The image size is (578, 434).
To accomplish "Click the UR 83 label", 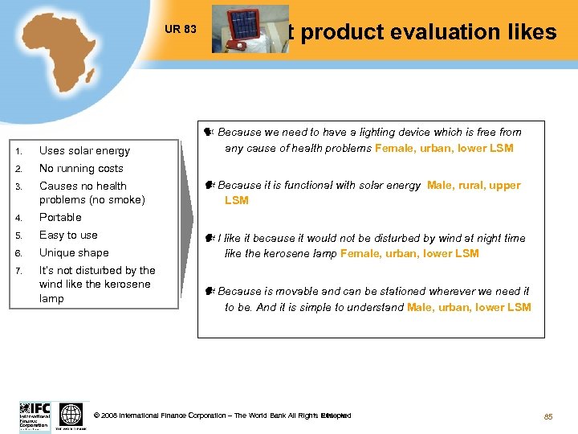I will click(180, 29).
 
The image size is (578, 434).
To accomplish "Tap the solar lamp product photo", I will click(250, 29).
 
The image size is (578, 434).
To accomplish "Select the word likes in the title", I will click(528, 32).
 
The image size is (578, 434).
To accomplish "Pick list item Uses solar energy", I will click(84, 150).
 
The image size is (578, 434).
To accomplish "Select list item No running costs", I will click(81, 168).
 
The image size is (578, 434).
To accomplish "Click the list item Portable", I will click(60, 217).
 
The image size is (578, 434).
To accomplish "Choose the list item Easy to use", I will click(68, 235).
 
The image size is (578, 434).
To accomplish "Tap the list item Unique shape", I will click(74, 252).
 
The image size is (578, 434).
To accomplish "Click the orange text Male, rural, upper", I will click(474, 186).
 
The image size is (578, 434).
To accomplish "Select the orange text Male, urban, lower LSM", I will click(469, 307).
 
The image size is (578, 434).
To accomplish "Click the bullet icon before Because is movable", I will click(208, 291).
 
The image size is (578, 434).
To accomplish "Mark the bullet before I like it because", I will click(208, 238).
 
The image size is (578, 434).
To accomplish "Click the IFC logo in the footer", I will click(35, 416).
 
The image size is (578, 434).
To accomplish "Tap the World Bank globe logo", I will click(71, 416).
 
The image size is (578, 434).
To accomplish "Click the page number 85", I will click(548, 416).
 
